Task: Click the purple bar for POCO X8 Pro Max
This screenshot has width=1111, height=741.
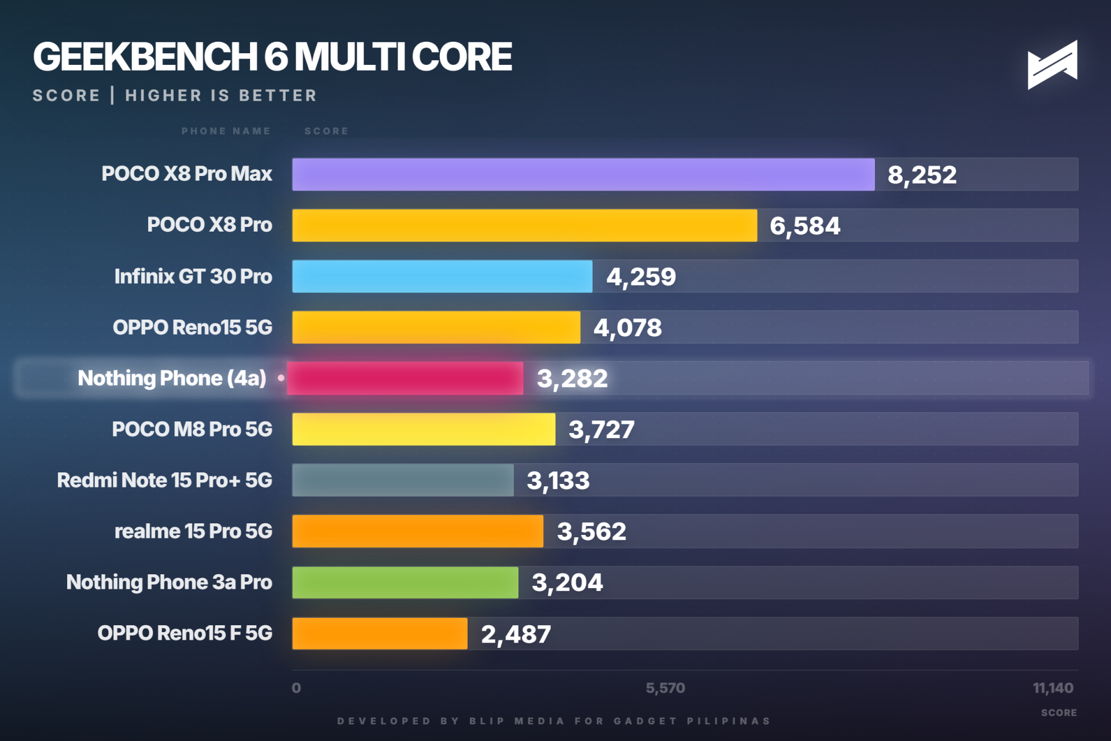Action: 583,174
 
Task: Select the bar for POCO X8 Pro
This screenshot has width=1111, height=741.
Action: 524,225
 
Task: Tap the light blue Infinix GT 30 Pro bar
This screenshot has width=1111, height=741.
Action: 442,276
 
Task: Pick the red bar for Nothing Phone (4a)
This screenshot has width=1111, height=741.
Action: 405,379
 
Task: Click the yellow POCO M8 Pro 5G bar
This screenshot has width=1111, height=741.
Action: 424,429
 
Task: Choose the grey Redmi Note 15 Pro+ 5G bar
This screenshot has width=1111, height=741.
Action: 403,480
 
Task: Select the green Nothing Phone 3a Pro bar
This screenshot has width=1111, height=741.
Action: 405,582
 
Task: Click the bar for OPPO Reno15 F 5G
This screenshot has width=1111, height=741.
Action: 380,633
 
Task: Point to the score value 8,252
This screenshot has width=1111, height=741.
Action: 922,175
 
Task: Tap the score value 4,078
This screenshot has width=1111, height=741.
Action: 627,328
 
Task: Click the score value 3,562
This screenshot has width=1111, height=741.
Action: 591,531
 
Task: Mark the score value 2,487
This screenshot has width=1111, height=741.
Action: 516,634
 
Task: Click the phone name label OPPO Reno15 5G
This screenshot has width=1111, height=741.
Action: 192,327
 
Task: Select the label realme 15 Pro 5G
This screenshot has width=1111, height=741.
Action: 193,531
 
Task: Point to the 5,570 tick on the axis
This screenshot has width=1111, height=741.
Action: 665,688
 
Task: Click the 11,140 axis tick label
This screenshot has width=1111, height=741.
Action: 1053,688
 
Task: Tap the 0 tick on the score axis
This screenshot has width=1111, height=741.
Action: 296,688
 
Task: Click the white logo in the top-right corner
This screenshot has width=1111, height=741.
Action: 1052,65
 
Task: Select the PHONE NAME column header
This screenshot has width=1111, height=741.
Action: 226,131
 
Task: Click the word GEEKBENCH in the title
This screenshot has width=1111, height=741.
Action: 145,57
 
